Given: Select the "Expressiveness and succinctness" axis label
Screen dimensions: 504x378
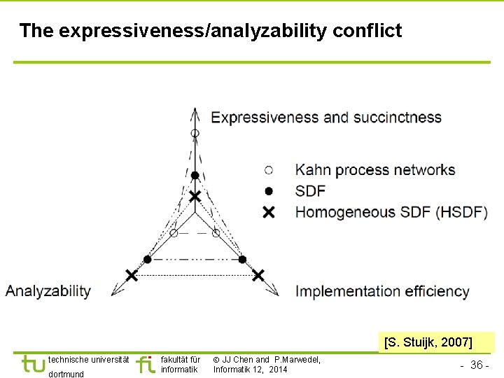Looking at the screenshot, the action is click(x=326, y=117).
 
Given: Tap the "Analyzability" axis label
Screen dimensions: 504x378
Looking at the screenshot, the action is click(x=48, y=290).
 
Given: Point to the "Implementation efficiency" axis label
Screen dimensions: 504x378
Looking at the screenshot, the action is click(x=382, y=290).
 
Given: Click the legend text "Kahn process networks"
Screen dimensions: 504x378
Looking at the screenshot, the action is click(x=375, y=169).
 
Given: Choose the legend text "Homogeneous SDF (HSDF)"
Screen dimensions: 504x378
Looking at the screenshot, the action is click(x=391, y=212).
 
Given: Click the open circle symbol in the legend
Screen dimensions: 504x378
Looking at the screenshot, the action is click(x=269, y=169).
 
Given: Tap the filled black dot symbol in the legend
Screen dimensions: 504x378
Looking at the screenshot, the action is click(x=269, y=190).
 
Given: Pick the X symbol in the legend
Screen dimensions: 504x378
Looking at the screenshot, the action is click(x=269, y=212).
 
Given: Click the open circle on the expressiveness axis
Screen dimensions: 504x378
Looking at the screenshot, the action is click(x=195, y=133).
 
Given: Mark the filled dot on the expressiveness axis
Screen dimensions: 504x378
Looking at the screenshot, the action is click(x=195, y=175).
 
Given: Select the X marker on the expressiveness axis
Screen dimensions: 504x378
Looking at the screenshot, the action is click(x=195, y=197).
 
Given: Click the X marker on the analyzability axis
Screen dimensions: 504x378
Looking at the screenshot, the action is click(x=131, y=274).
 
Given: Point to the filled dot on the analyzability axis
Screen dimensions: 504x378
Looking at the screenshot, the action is click(x=147, y=259).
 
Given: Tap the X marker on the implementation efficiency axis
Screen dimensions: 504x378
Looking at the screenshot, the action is click(x=258, y=275).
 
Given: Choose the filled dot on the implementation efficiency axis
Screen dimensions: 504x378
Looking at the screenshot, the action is click(x=242, y=259).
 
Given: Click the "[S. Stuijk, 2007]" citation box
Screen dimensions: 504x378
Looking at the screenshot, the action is click(x=428, y=342).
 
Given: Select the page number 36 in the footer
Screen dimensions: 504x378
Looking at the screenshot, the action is click(x=475, y=365).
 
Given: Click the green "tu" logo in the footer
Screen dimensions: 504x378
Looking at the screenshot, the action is click(x=33, y=364).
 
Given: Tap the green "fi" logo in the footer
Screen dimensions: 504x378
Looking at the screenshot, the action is click(x=146, y=364).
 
